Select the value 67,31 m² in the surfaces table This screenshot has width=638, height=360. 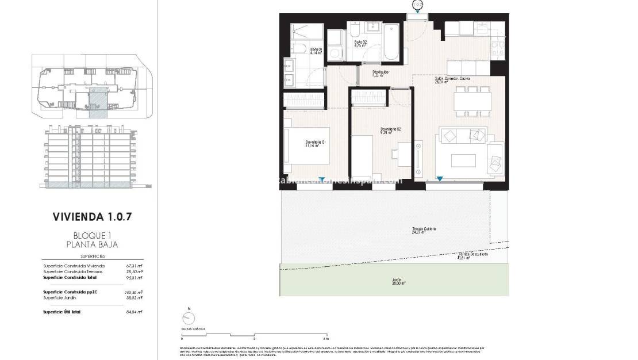pos(133,266)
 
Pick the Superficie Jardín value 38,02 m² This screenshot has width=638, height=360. pos(133,297)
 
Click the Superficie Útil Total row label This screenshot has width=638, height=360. pos(62,312)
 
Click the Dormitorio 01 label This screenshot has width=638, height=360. pos(316,144)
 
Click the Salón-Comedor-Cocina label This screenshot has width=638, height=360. pos(452,80)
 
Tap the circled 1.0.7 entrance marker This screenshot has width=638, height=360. pos(417,5)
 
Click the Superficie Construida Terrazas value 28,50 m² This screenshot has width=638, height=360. pos(133,271)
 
